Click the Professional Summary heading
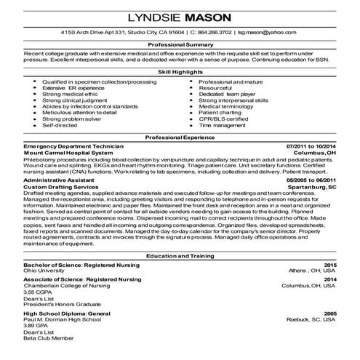tap(180, 44)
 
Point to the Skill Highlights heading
tap(180, 73)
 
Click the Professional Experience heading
tap(180, 137)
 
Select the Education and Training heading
tap(180, 257)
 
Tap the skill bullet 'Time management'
tap(219, 126)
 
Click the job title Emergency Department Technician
tap(73, 147)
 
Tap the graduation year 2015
tap(330, 265)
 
